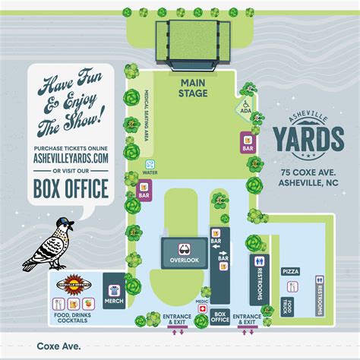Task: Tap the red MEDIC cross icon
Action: point(202,311)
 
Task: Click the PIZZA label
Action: point(290,271)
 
